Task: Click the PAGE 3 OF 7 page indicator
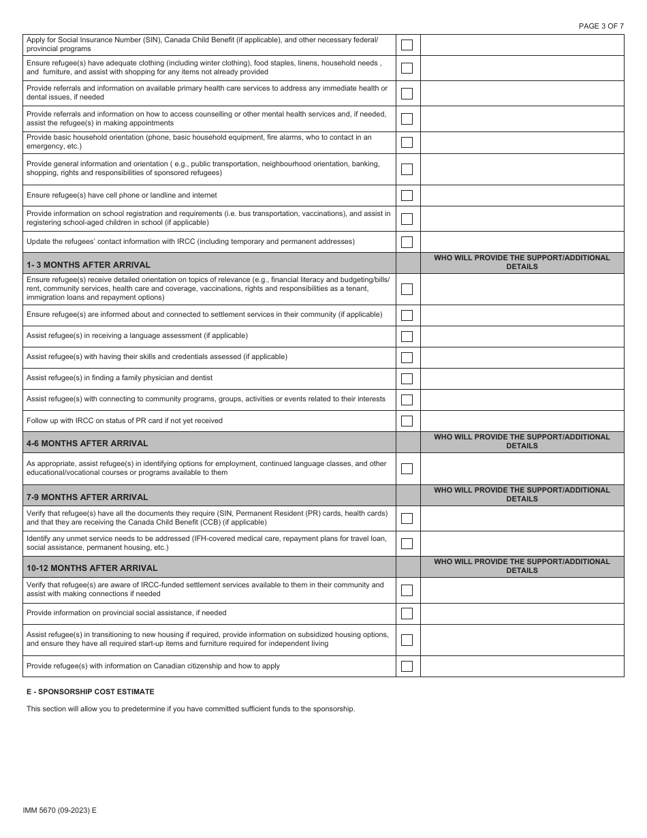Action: (x=601, y=26)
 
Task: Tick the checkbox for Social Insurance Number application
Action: (x=407, y=45)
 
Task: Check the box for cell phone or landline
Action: (x=407, y=196)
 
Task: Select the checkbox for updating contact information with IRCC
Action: (x=407, y=242)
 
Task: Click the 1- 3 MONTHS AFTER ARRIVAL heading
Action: (x=89, y=264)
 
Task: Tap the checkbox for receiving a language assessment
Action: (x=407, y=337)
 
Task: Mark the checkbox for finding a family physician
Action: (x=407, y=379)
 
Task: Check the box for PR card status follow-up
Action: (x=407, y=421)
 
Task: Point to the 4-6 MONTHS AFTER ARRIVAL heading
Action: (x=87, y=443)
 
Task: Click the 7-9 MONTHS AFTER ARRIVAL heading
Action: (x=87, y=497)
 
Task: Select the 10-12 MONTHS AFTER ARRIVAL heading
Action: (x=92, y=568)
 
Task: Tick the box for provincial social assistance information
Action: (x=407, y=614)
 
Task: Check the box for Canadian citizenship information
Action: (x=407, y=666)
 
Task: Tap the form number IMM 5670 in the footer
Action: (x=59, y=810)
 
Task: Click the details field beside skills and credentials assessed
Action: (x=522, y=358)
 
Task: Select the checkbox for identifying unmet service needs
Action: (x=407, y=544)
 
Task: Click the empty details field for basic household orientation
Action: (x=522, y=142)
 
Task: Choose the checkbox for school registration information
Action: (x=407, y=219)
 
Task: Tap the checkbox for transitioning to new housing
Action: (x=407, y=640)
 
